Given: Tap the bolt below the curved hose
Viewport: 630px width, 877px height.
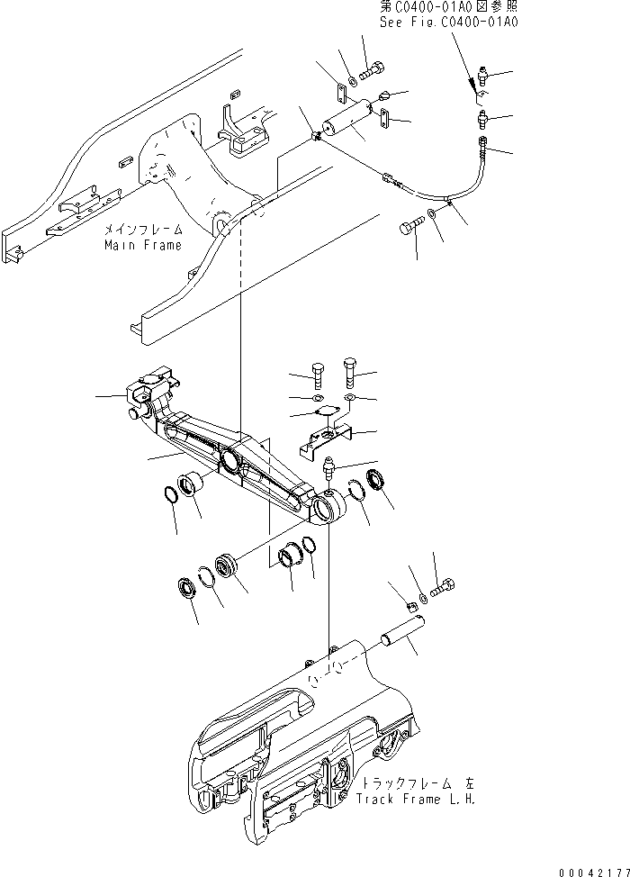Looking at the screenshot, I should coord(409,230).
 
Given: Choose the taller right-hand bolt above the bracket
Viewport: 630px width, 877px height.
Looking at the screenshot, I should coord(350,370).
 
